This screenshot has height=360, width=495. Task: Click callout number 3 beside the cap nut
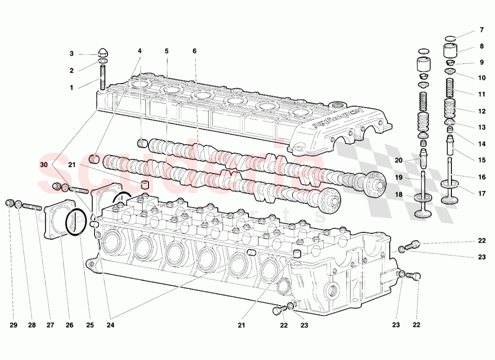pyautogui.click(x=71, y=53)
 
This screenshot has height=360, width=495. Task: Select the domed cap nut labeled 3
pyautogui.click(x=103, y=52)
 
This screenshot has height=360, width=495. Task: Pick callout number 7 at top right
pyautogui.click(x=481, y=30)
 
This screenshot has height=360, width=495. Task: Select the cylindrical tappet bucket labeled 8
pyautogui.click(x=450, y=51)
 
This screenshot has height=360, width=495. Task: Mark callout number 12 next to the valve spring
pyautogui.click(x=481, y=110)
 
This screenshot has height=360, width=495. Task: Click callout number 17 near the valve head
pyautogui.click(x=481, y=193)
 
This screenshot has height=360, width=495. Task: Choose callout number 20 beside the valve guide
pyautogui.click(x=399, y=160)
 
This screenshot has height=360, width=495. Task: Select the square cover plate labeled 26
pyautogui.click(x=54, y=221)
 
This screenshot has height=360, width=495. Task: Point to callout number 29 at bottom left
pyautogui.click(x=13, y=325)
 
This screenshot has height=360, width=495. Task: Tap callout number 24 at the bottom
pyautogui.click(x=110, y=325)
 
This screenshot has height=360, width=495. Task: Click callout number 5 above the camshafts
pyautogui.click(x=167, y=51)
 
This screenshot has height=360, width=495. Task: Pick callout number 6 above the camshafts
pyautogui.click(x=195, y=51)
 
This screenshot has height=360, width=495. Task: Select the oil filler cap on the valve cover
pyautogui.click(x=339, y=105)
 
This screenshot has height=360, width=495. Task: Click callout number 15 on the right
pyautogui.click(x=481, y=160)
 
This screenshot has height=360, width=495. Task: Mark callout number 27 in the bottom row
pyautogui.click(x=50, y=325)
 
